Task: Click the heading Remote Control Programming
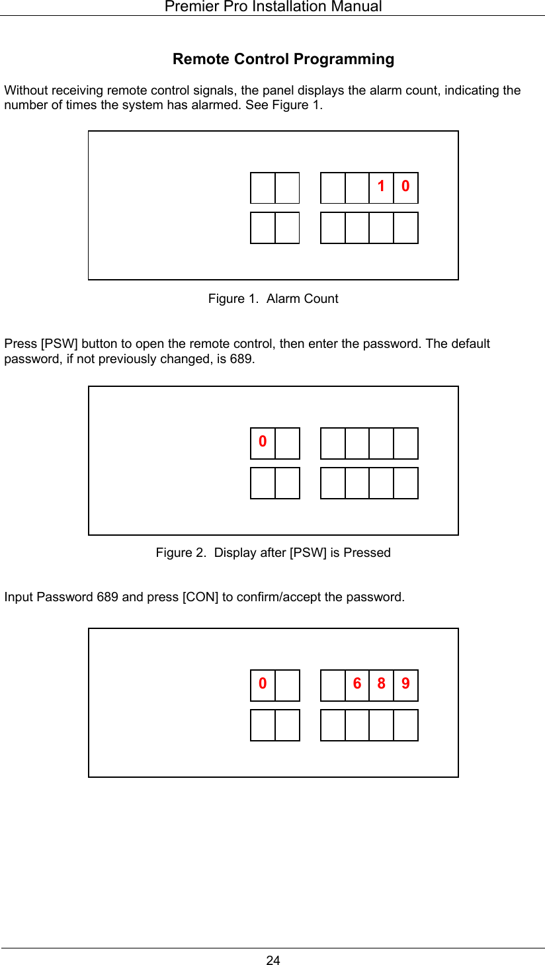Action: pyautogui.click(x=283, y=59)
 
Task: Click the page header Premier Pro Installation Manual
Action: pyautogui.click(x=272, y=7)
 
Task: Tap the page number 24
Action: pyautogui.click(x=272, y=960)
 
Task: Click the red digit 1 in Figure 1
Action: pyautogui.click(x=381, y=187)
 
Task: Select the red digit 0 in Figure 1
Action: pyautogui.click(x=405, y=187)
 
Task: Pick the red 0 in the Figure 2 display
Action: pyautogui.click(x=263, y=441)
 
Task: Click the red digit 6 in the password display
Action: pyautogui.click(x=357, y=683)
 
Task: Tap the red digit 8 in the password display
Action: pyautogui.click(x=381, y=683)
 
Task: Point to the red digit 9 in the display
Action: pyautogui.click(x=405, y=683)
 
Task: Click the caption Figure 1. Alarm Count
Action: pyautogui.click(x=272, y=299)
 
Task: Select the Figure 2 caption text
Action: pyautogui.click(x=272, y=553)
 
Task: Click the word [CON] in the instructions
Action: pyautogui.click(x=200, y=597)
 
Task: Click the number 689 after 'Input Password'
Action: pyautogui.click(x=108, y=597)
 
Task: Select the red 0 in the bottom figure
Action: pyautogui.click(x=263, y=683)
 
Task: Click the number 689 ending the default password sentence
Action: pyautogui.click(x=242, y=359)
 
